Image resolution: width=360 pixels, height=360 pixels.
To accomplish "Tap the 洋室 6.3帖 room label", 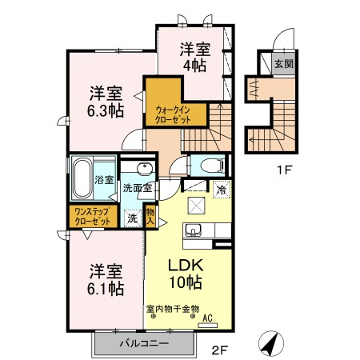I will tap(105, 101).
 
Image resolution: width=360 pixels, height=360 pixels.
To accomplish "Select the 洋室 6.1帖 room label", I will tap(106, 278).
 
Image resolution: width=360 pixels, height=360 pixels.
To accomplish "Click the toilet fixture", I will tap(210, 166).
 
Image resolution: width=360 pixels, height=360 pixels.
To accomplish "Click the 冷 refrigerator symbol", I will tap(220, 190).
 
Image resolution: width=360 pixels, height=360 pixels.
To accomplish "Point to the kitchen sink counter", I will tap(194, 231).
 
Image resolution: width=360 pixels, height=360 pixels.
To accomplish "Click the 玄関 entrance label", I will tap(283, 65).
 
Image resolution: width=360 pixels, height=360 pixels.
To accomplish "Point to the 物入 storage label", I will tap(150, 216).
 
